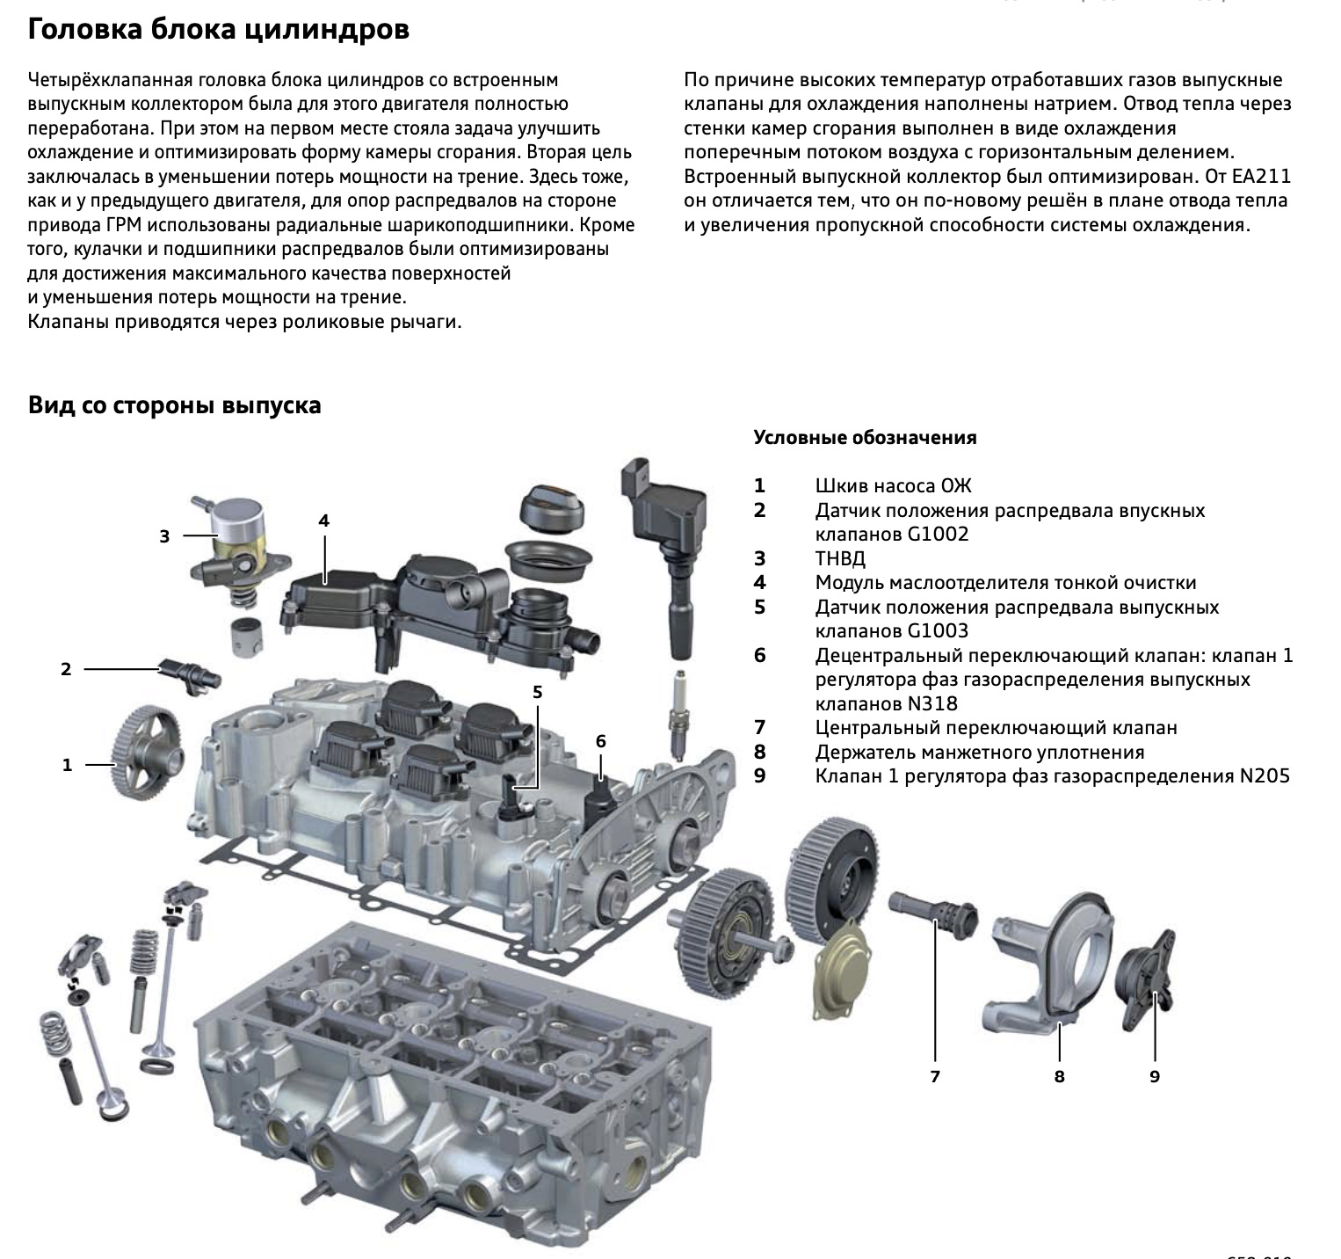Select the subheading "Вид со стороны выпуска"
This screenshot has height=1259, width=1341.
(x=174, y=405)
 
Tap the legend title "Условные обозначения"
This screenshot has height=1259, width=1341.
(x=865, y=438)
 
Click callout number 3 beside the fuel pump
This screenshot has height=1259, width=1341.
(x=164, y=535)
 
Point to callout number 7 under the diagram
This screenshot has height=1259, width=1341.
(x=935, y=1076)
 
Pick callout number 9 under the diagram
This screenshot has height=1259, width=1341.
(x=1155, y=1076)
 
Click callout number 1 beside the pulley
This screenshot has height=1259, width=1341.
(x=67, y=766)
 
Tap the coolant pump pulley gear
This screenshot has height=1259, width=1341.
(x=146, y=753)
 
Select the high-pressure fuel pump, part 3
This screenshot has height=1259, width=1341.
(x=233, y=545)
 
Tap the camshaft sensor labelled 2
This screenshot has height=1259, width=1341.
(x=190, y=673)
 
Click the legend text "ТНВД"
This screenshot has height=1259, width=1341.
(x=840, y=558)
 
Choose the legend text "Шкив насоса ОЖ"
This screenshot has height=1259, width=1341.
(x=893, y=486)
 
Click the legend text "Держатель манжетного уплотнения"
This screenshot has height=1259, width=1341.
(x=980, y=752)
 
